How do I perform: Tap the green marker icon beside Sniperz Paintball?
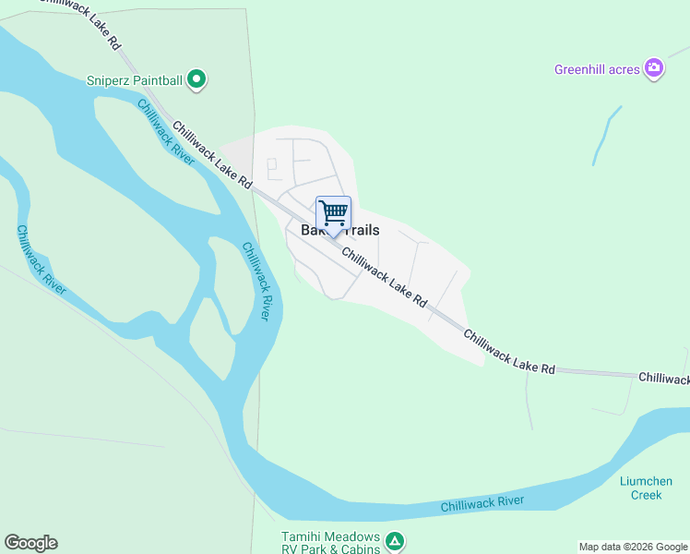click(x=196, y=80)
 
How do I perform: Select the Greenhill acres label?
click(x=597, y=69)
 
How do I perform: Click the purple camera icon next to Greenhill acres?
click(x=654, y=67)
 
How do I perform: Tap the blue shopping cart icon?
click(x=333, y=213)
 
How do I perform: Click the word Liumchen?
click(x=646, y=481)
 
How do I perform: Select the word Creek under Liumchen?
click(x=646, y=495)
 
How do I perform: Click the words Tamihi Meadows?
click(x=330, y=536)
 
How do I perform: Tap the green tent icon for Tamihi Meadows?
click(x=394, y=540)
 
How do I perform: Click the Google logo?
click(x=30, y=543)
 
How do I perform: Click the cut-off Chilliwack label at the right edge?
click(x=663, y=379)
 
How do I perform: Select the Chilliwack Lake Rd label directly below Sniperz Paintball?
click(x=212, y=154)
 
